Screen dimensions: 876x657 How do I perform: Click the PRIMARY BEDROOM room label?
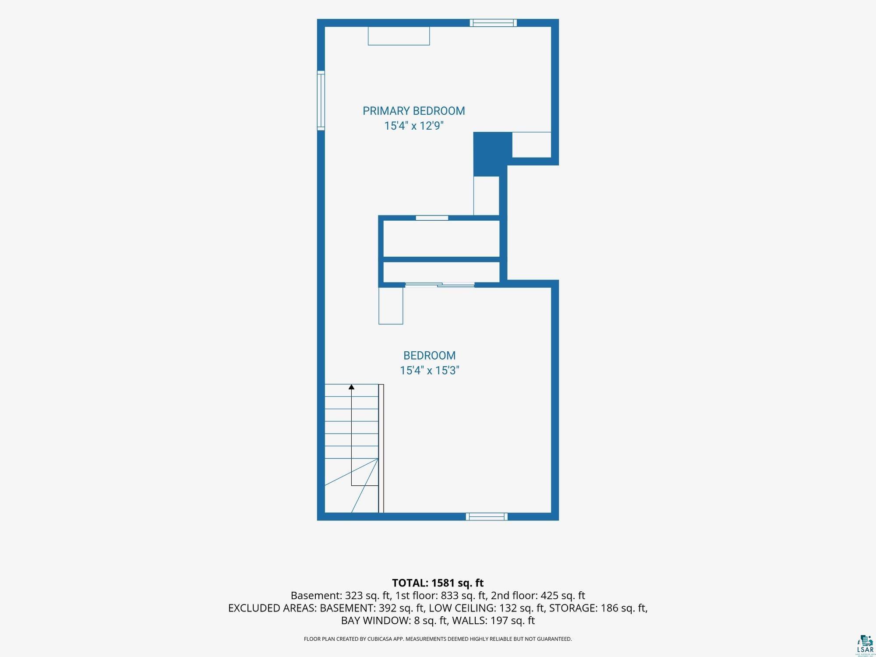click(414, 111)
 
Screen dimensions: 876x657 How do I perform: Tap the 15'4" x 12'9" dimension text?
click(414, 126)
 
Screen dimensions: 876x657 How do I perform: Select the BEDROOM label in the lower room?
click(429, 355)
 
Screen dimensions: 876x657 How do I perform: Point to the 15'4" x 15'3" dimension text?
click(429, 370)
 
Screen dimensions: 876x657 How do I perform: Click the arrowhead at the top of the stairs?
click(351, 387)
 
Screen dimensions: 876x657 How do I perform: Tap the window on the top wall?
click(493, 23)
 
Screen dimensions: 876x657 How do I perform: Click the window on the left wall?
click(321, 100)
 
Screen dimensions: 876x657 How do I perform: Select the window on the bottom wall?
click(487, 516)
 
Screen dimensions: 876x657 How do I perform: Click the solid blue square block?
click(493, 154)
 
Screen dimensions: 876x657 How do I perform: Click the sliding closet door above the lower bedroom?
click(440, 285)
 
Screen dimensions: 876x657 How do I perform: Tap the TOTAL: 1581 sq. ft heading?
click(438, 583)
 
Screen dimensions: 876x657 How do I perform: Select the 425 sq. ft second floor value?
click(563, 596)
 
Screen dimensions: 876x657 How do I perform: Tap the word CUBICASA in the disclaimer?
click(385, 639)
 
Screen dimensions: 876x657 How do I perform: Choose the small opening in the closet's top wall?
click(432, 218)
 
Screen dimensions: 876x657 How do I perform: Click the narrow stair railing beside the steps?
click(381, 449)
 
